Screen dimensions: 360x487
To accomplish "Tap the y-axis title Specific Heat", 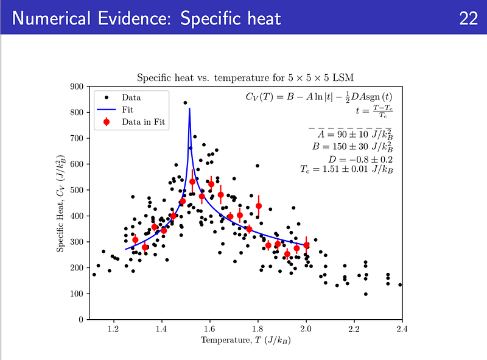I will pos(61,203).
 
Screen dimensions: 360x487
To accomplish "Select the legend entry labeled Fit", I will pos(127,110).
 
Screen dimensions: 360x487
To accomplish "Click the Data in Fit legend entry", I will pos(144,122).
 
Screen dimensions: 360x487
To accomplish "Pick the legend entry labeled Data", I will pos(131,97).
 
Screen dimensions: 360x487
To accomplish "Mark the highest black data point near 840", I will pos(185,103).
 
